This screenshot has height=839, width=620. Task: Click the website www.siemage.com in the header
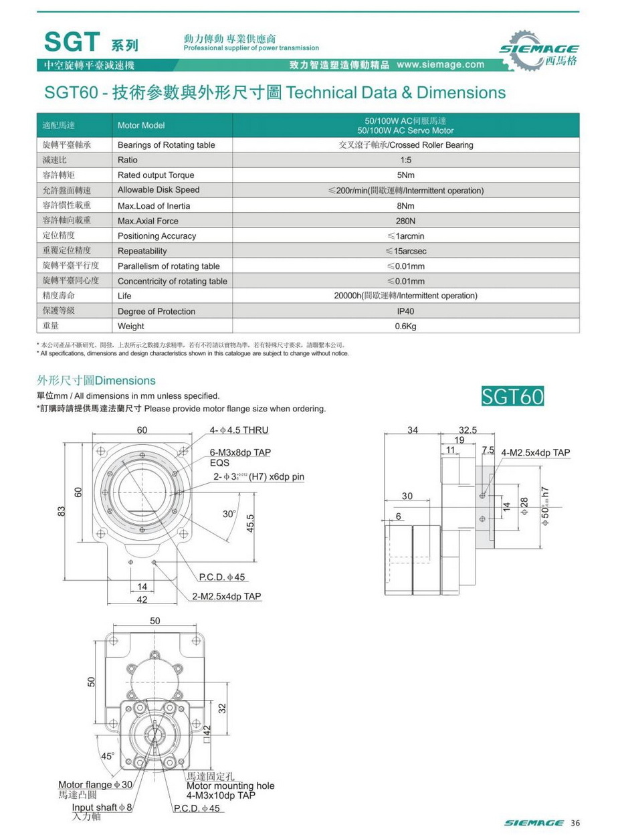click(439, 65)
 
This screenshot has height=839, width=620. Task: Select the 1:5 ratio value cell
click(406, 161)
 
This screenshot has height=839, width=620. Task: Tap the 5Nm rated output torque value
click(406, 175)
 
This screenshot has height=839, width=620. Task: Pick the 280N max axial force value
click(406, 221)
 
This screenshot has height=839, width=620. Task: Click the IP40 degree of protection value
click(406, 311)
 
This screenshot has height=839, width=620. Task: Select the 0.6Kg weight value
click(406, 327)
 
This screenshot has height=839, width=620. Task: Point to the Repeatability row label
click(142, 251)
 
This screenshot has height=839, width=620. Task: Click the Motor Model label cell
click(140, 125)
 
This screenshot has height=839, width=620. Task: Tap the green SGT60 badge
click(513, 396)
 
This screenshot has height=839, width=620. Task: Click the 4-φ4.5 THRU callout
click(239, 430)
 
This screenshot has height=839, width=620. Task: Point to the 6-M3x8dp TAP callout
click(240, 453)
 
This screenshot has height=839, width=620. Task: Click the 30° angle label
click(229, 514)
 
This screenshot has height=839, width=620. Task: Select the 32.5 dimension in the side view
click(468, 430)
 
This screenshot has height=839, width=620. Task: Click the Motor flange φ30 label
click(95, 785)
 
